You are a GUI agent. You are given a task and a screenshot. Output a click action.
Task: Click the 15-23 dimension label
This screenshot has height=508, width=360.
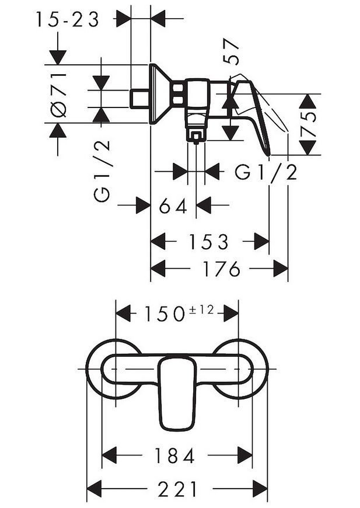pos(67,20)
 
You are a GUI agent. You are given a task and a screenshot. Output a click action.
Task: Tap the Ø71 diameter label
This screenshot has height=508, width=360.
pos(58,95)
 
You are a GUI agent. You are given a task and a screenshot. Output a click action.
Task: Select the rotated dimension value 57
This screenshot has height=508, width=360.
pos(231,52)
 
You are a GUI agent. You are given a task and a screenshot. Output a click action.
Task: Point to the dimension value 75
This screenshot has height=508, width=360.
pos(308,124)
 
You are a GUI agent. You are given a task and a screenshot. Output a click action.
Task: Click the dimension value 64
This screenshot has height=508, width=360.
pos(173,206)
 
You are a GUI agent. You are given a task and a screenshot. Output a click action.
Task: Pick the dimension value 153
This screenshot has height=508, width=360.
pos(209,242)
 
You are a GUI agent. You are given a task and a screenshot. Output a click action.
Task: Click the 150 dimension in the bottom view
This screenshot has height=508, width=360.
pos(164,314)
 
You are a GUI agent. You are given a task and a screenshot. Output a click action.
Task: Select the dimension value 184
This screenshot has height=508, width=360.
pos(174,456)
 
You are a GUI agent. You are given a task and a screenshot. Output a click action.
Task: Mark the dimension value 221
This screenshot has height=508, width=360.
pos(177,489)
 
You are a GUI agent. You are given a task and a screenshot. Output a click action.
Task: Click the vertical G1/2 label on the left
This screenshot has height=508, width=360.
pos(102,172)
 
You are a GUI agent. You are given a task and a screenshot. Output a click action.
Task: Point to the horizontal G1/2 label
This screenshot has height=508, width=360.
pos(265,172)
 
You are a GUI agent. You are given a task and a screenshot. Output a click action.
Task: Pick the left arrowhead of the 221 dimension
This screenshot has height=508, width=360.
pos(95,489)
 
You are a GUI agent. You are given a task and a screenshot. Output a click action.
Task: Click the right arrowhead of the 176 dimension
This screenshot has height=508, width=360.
pos(281,269)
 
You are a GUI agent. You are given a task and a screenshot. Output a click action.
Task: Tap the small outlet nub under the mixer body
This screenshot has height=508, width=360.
pos(196,138)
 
